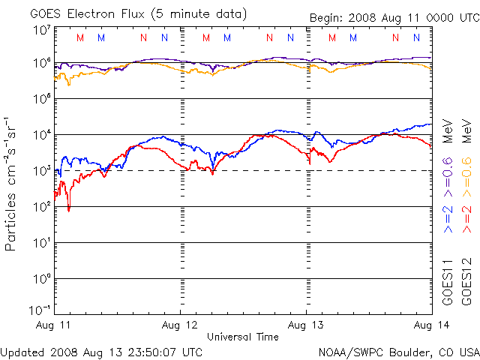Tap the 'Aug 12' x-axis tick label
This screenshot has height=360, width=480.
(x=180, y=325)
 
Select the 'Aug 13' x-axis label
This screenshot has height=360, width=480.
(x=306, y=325)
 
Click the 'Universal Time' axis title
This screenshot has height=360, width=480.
(x=242, y=337)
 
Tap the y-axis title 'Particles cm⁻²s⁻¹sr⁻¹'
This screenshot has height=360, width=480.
(x=12, y=184)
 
